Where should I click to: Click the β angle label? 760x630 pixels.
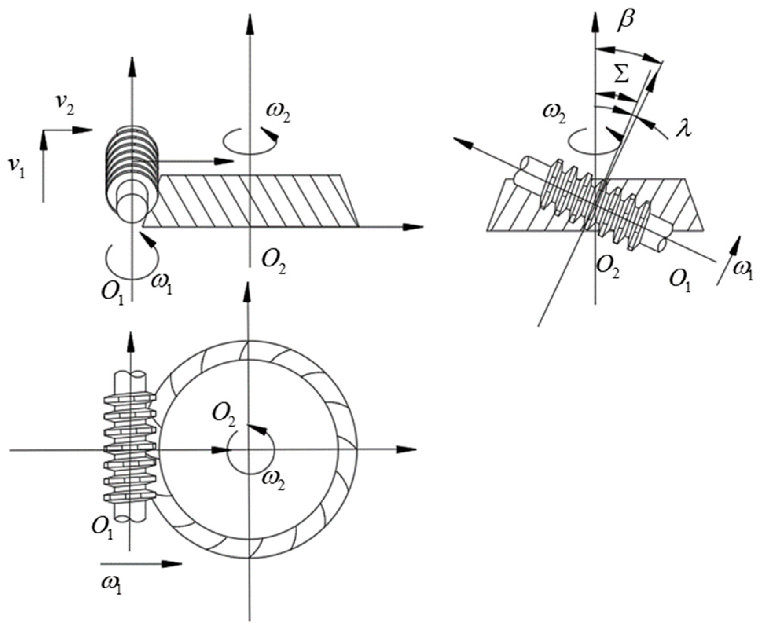click(x=626, y=21)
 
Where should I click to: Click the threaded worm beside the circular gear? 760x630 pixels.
click(x=130, y=448)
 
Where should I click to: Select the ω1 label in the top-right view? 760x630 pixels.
click(x=741, y=271)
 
